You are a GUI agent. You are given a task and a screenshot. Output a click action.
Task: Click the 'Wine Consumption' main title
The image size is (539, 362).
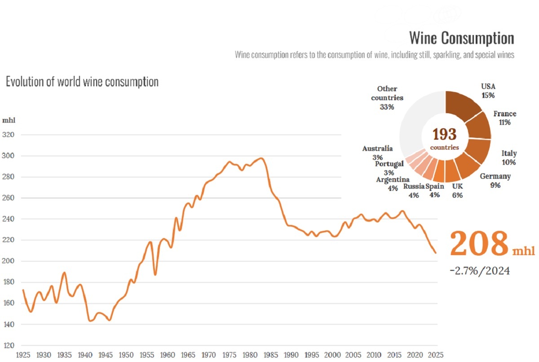(x=462, y=38)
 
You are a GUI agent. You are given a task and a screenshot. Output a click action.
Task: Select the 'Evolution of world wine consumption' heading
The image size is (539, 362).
(x=82, y=82)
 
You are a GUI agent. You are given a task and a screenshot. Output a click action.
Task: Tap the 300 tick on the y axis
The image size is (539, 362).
(x=8, y=155)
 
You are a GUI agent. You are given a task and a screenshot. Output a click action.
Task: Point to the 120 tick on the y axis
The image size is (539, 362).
(x=9, y=346)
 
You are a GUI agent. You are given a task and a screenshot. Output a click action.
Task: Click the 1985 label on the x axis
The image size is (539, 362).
(x=270, y=355)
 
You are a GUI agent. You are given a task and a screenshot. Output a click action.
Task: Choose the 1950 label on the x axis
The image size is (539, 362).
(x=126, y=355)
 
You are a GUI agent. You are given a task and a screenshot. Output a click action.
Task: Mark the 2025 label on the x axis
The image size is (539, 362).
(x=436, y=355)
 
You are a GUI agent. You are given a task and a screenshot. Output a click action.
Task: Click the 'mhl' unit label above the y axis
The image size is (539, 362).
(x=9, y=120)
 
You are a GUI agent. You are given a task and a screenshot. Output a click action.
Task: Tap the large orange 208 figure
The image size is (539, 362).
(x=479, y=243)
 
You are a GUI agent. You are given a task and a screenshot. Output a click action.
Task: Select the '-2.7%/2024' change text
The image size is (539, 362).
(x=480, y=271)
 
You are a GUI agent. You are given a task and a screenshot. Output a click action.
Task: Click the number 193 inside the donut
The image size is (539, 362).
(x=444, y=134)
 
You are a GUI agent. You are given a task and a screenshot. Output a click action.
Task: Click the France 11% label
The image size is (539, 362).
(x=505, y=118)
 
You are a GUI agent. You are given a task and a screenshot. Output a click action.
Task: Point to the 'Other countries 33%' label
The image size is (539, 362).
(x=387, y=98)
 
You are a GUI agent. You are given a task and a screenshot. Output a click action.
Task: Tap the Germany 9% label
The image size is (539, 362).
(x=495, y=181)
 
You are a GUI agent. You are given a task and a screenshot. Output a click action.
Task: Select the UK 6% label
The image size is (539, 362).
(x=457, y=191)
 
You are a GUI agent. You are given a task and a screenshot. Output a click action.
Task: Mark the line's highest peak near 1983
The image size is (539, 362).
(x=261, y=158)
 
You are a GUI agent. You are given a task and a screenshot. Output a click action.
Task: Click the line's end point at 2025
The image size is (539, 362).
(x=436, y=253)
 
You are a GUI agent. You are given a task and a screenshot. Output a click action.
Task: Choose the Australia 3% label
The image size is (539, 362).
(x=377, y=153)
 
